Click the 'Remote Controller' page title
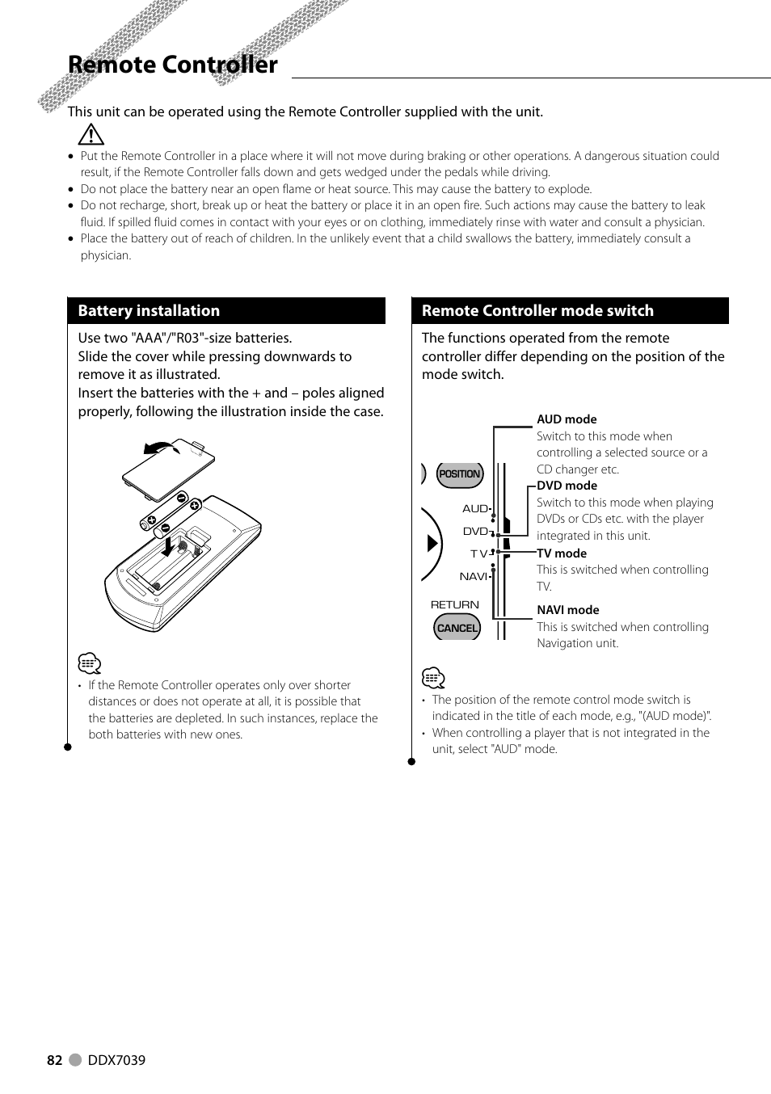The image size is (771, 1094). (x=172, y=65)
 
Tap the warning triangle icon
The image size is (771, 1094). (x=91, y=135)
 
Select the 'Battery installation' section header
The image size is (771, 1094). (x=149, y=311)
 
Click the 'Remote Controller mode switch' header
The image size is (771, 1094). (x=537, y=311)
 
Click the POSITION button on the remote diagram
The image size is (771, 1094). (x=459, y=474)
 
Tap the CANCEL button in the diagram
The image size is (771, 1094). (x=457, y=628)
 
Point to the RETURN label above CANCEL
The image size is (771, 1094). (x=454, y=604)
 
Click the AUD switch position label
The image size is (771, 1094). (x=474, y=508)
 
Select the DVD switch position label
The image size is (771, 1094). (x=474, y=531)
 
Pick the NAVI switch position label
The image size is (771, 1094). (x=473, y=576)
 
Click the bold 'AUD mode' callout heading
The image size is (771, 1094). (x=567, y=419)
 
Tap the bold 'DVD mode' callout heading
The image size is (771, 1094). (x=567, y=486)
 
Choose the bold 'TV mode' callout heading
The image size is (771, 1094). (x=562, y=553)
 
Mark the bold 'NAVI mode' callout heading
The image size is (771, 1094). (x=567, y=610)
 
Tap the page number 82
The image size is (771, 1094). (x=54, y=1060)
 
